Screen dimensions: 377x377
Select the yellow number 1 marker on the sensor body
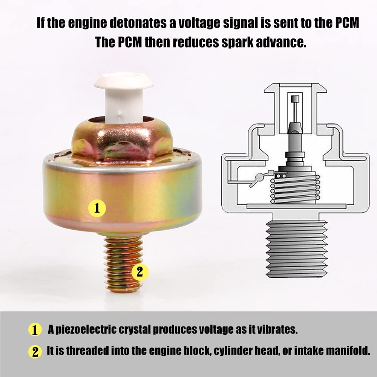97,207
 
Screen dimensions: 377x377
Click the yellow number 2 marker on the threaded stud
140,272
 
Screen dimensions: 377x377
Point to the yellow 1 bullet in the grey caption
35,330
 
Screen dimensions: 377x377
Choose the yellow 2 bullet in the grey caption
35,352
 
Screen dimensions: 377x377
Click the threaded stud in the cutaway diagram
297,249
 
